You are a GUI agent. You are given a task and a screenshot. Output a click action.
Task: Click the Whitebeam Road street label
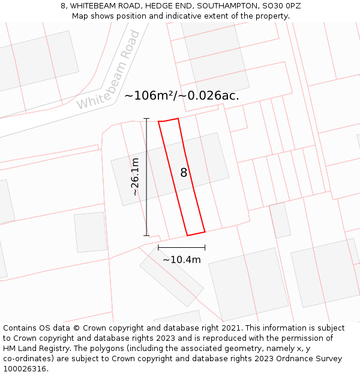(109, 71)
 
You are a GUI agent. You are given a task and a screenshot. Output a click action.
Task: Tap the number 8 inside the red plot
(184, 173)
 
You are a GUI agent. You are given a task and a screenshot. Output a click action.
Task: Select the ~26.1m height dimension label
(135, 176)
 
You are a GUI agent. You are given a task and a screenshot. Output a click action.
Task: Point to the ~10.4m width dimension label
(181, 260)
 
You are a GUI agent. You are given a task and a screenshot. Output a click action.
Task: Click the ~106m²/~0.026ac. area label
(181, 95)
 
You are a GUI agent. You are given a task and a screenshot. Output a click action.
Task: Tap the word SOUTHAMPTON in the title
(226, 6)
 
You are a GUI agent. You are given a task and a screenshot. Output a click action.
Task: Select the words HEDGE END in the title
(165, 6)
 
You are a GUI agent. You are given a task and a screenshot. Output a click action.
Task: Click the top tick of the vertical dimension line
(147, 119)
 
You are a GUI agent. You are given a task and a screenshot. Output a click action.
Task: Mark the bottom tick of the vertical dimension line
(147, 235)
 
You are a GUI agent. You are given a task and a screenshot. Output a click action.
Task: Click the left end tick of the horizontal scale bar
(158, 247)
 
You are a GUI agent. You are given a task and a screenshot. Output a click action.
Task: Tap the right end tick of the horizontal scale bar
(205, 247)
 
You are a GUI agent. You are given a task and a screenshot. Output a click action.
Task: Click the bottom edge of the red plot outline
(196, 233)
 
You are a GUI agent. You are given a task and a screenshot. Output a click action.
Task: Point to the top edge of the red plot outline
(169, 120)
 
